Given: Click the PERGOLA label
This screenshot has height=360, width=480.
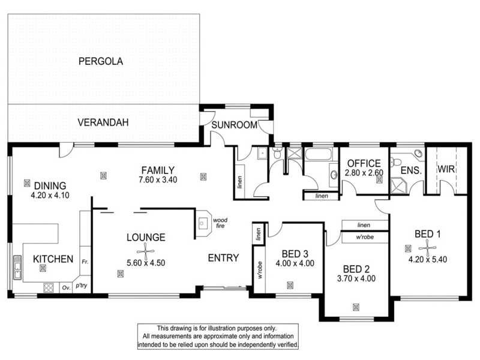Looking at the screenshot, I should point(100,61).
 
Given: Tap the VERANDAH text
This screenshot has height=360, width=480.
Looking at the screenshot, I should point(103,123).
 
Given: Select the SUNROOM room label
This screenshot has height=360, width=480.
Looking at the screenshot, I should point(234,125).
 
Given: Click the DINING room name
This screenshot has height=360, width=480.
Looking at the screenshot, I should point(50,185).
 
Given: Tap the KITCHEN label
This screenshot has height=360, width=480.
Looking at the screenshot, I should point(53,259).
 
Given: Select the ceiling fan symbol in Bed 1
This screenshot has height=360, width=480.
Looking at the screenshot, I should point(427,246).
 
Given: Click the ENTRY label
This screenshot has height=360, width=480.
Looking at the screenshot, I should point(223,259).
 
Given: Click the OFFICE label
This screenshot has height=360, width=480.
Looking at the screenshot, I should point(364,163).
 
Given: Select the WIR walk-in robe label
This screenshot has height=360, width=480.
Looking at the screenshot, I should point(446,170).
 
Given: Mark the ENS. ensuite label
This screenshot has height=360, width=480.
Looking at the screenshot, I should point(411,170).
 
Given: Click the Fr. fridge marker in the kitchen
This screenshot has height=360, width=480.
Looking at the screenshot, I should point(85,262).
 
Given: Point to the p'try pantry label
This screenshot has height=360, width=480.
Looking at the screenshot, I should point(81,286).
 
